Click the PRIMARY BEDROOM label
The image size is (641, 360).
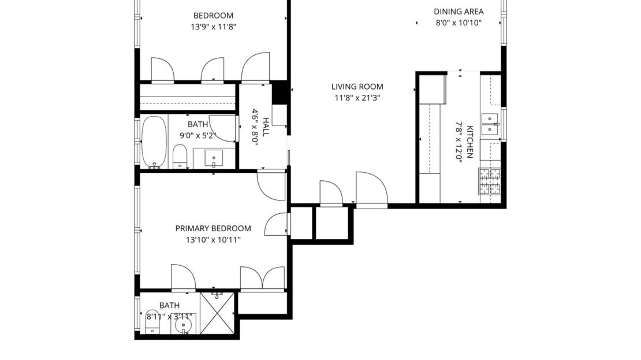213,228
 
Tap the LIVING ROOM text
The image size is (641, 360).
357,87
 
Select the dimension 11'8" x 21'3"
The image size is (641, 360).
357,98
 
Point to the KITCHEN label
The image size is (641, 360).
470,142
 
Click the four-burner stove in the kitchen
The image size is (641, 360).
490,181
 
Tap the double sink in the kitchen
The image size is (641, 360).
490,124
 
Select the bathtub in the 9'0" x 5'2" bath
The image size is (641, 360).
154,142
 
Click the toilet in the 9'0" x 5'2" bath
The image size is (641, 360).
180,156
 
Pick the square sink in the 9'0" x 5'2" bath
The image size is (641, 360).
214,158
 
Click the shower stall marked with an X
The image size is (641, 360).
217,313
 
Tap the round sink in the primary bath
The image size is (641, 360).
184,326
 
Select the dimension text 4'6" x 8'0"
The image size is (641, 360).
254,127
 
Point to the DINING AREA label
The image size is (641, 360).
459,12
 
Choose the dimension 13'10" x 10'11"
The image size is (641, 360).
213,240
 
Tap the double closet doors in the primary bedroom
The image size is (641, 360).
263,278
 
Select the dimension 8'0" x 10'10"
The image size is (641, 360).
459,23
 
